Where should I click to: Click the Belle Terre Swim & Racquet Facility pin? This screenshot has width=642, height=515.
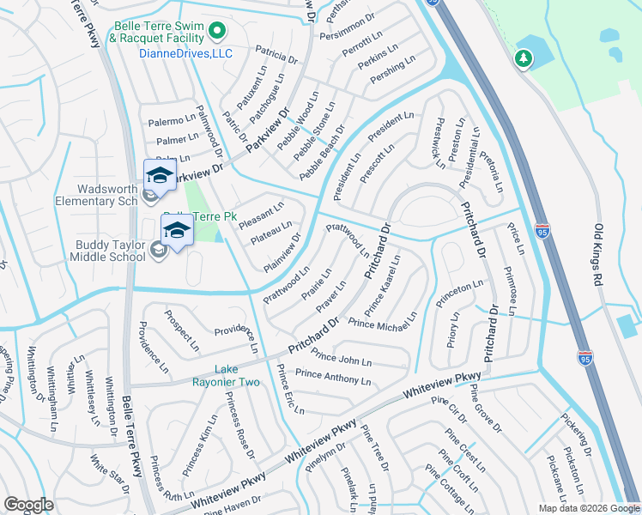(217, 33)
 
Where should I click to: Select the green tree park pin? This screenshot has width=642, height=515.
(522, 58)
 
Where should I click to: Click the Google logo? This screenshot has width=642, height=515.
(29, 505)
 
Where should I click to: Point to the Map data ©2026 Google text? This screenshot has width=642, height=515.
(588, 508)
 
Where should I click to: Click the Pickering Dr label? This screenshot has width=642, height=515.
(576, 436)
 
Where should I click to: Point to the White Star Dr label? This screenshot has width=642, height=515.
(112, 479)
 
